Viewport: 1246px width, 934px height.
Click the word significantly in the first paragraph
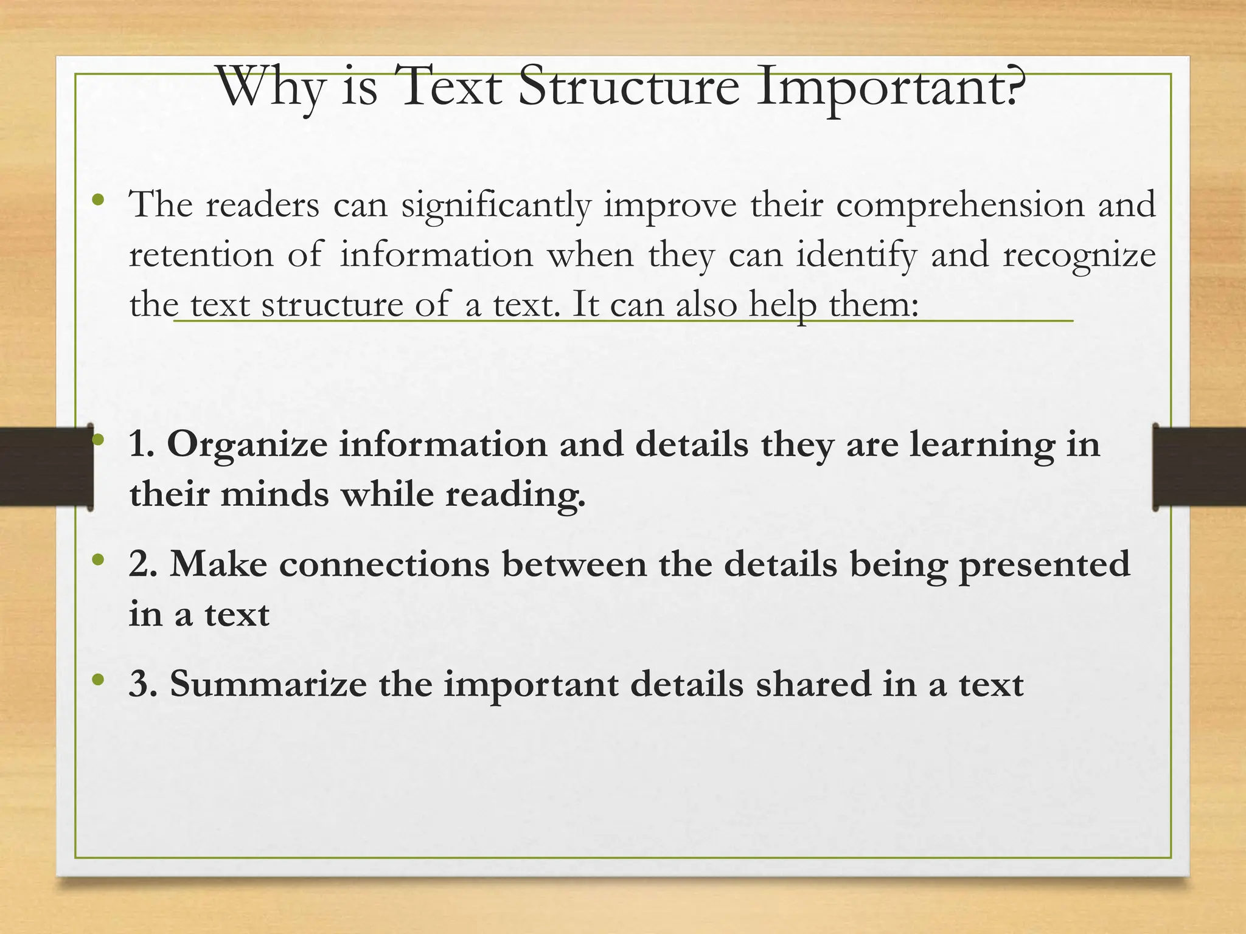[x=496, y=206]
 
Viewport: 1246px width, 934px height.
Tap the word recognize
[x=1079, y=256]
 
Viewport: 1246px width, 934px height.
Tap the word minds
[x=274, y=494]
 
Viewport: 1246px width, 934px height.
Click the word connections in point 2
[x=384, y=564]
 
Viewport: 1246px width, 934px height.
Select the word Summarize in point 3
[x=268, y=684]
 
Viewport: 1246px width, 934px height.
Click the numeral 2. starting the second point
[x=144, y=564]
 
